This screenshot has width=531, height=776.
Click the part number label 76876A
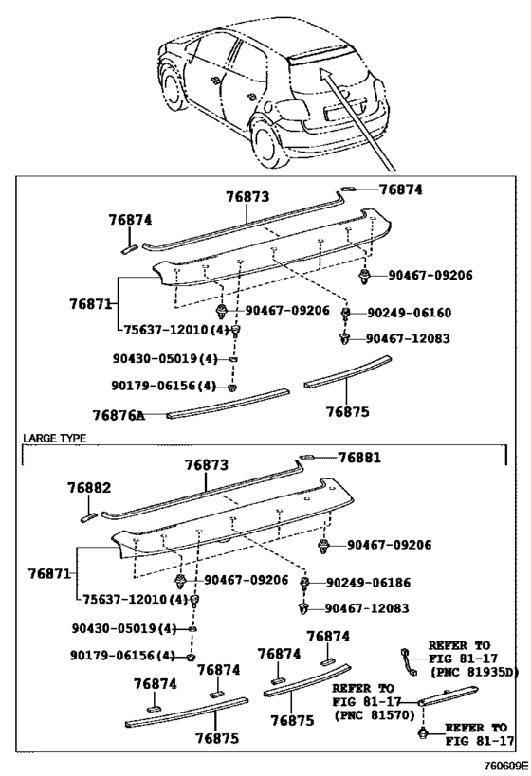click(x=119, y=415)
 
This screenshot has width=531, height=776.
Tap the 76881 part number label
click(x=359, y=458)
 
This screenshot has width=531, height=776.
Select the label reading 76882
click(x=89, y=487)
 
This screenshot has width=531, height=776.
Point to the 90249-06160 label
click(x=409, y=313)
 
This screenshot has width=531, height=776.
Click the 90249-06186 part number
click(x=368, y=582)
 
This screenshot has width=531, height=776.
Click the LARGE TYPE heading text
click(x=54, y=438)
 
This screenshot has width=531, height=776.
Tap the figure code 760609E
click(x=505, y=767)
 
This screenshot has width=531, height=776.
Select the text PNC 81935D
click(x=474, y=672)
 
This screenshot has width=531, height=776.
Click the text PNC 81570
click(x=375, y=714)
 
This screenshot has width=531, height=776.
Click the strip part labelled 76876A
click(x=228, y=404)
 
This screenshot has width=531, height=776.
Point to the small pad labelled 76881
click(x=305, y=458)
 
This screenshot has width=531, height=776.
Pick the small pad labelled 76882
click(x=89, y=517)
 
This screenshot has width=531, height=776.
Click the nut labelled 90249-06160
click(x=346, y=313)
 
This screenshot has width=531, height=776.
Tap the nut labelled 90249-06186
click(x=304, y=582)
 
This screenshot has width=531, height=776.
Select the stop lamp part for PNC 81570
click(x=448, y=695)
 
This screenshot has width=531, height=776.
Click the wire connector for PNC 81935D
click(x=409, y=661)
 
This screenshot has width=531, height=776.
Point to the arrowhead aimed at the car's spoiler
click(x=324, y=74)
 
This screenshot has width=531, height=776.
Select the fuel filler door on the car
click(x=268, y=106)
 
